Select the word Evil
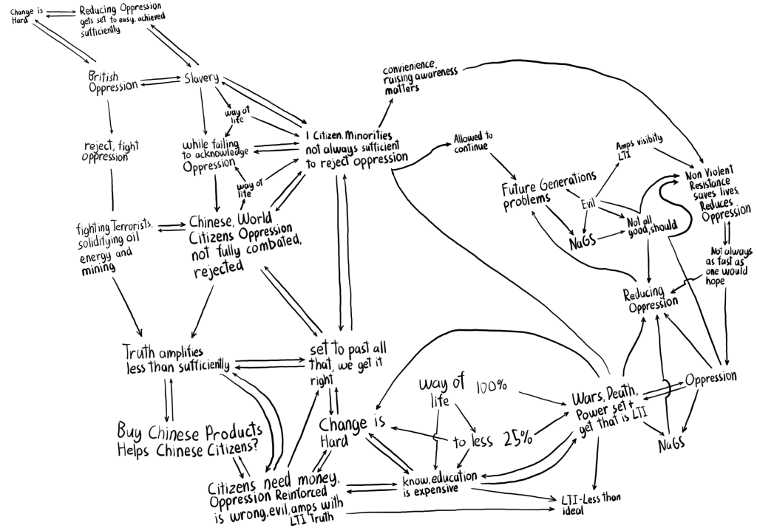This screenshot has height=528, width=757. tap(588, 204)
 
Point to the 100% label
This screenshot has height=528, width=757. tap(492, 387)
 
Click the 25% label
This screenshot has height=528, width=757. tap(517, 439)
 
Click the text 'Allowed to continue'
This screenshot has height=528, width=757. tap(474, 143)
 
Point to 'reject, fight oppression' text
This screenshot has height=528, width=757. tap(109, 151)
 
